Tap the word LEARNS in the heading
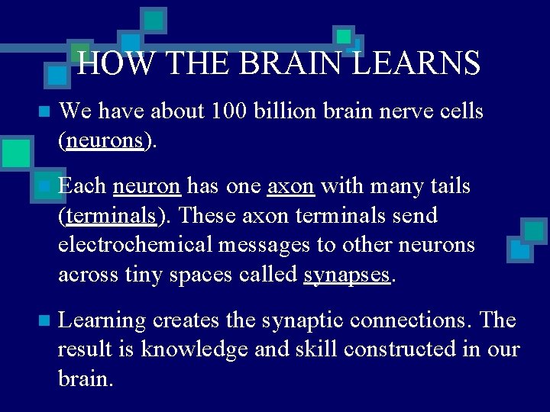[416, 63]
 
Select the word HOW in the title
[105, 63]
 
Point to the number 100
[229, 111]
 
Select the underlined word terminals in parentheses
[111, 216]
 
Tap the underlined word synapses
[347, 275]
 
